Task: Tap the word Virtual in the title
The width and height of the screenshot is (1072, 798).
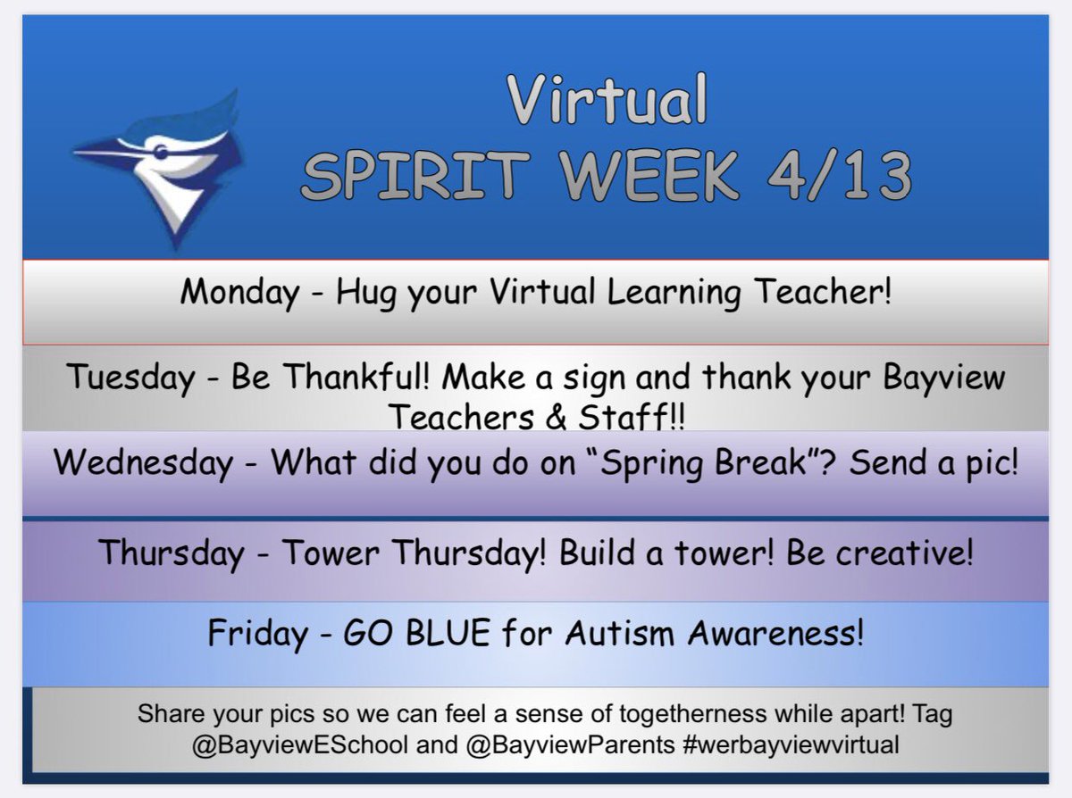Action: [607, 100]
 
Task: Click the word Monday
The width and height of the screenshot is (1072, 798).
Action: [239, 292]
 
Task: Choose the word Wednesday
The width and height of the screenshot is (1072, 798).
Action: [143, 464]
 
